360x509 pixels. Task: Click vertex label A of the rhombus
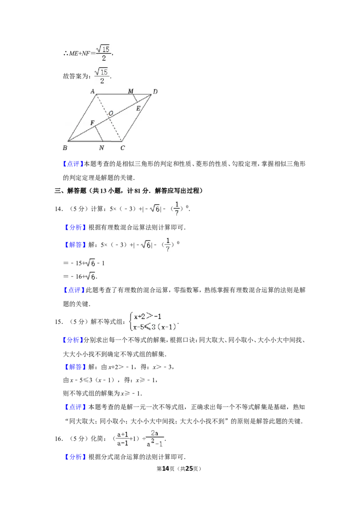coord(93,91)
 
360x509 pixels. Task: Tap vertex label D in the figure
coord(155,92)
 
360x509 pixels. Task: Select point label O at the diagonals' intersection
coord(111,113)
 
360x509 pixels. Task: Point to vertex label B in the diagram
coord(65,147)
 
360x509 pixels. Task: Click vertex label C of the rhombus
coord(122,148)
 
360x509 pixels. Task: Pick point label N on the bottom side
coord(101,148)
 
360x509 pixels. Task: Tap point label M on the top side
coord(130,91)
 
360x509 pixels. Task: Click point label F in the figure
coord(92,123)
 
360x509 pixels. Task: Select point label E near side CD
coord(139,108)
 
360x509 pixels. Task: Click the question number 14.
coord(58,209)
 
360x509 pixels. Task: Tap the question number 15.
coord(58,321)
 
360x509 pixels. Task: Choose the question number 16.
coord(58,439)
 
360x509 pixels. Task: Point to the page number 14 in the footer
coord(166,469)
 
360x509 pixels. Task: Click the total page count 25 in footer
coord(189,469)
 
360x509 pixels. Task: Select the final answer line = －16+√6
coord(80,276)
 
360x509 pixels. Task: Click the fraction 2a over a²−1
coord(155,438)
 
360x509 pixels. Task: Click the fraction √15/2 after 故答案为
coord(102,76)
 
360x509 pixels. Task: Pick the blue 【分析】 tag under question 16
coord(76,457)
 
